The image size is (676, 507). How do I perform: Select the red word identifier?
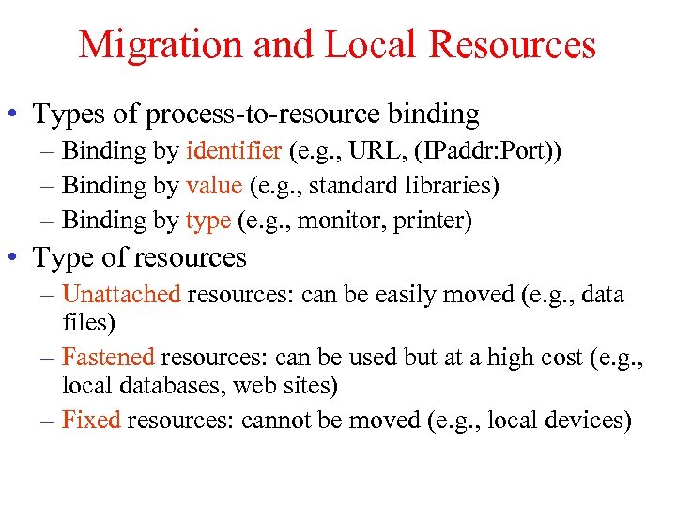[234, 150]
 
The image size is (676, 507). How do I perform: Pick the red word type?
[207, 221]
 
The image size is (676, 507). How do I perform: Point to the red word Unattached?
[121, 294]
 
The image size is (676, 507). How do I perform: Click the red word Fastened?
[108, 357]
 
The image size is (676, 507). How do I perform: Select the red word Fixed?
[91, 420]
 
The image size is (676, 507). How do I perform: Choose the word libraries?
[453, 185]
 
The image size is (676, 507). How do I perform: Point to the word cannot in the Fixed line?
[277, 420]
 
